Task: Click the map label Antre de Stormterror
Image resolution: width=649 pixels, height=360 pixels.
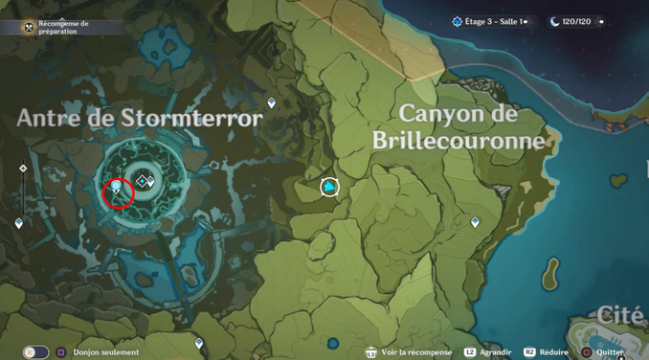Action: coord(140,119)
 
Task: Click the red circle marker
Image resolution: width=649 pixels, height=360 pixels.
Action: coord(117,191)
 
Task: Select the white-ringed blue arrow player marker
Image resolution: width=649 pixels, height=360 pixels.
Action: coord(329,187)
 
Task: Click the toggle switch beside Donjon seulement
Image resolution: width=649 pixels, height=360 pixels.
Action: coord(36,351)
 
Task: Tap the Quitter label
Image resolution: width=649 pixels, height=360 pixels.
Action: coord(610,351)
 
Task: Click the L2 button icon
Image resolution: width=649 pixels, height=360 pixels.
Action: coord(470,351)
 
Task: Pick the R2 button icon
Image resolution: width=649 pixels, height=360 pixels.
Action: coord(528,351)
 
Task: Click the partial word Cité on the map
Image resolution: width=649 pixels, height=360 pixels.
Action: coord(624,314)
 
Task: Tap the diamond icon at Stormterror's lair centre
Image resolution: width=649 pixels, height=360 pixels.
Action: coord(143,180)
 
